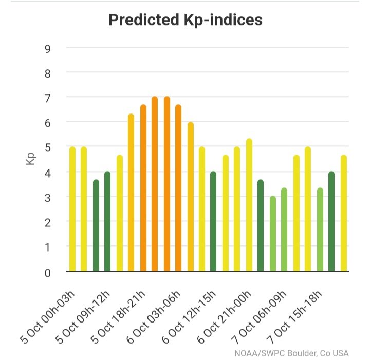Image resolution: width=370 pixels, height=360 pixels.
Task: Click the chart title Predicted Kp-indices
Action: (x=186, y=20)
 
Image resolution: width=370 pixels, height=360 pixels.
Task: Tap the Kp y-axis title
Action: (x=30, y=159)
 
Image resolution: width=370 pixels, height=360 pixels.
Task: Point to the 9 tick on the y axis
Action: (x=47, y=48)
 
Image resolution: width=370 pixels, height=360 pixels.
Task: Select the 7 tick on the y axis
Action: (x=47, y=97)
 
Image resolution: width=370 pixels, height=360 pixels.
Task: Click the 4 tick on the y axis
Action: (x=47, y=173)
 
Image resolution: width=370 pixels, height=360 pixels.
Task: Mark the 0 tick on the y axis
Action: (x=47, y=272)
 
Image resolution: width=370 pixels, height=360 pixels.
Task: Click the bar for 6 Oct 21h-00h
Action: (x=249, y=205)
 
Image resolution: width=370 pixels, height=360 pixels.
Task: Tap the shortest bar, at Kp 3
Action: (x=272, y=234)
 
